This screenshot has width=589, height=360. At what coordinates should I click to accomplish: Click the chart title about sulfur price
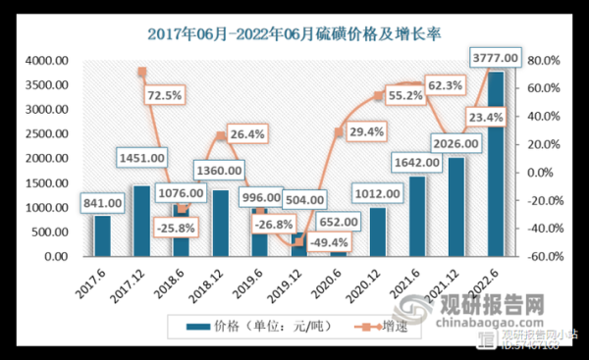(x=294, y=32)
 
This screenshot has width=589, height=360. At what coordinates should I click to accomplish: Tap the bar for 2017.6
(x=102, y=235)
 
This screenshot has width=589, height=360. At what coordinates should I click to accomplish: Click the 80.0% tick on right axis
(x=543, y=61)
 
